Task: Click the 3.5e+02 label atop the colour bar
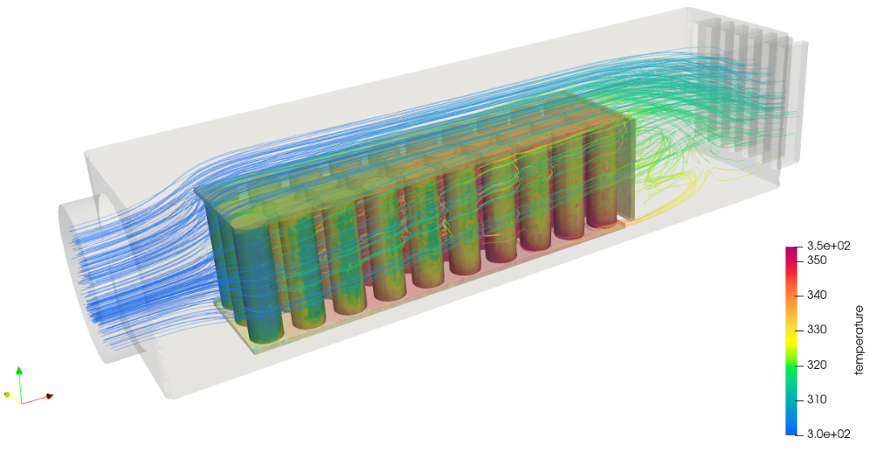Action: pyautogui.click(x=826, y=246)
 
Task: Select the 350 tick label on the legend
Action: pyautogui.click(x=815, y=261)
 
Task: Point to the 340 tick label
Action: pyautogui.click(x=815, y=295)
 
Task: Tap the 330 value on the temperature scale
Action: pyautogui.click(x=815, y=330)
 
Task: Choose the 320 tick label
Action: pyautogui.click(x=815, y=365)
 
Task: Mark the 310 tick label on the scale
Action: pyautogui.click(x=815, y=399)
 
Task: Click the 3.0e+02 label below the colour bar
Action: pyautogui.click(x=826, y=434)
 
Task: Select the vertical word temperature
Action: pyautogui.click(x=859, y=340)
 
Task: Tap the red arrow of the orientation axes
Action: pyautogui.click(x=37, y=399)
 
